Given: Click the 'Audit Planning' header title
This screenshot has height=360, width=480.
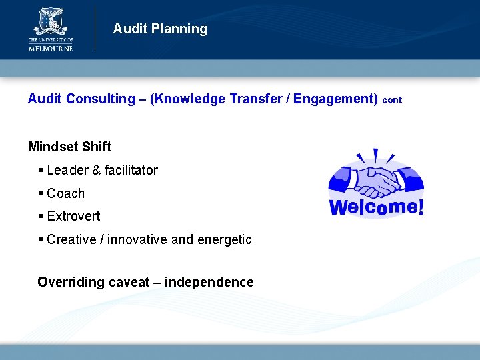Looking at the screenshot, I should click(160, 29).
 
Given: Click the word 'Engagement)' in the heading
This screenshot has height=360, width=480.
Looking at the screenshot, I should click(335, 99).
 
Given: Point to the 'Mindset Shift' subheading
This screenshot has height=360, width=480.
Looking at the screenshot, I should click(70, 147).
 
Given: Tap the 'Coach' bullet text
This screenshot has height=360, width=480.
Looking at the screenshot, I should click(66, 193).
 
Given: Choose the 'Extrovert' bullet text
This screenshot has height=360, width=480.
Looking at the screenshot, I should click(73, 216).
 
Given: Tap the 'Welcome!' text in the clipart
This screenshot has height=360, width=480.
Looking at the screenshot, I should click(376, 207).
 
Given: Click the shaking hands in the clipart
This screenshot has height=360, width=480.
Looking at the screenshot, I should click(377, 179).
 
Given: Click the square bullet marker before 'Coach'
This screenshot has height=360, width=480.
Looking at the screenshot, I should click(41, 193).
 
